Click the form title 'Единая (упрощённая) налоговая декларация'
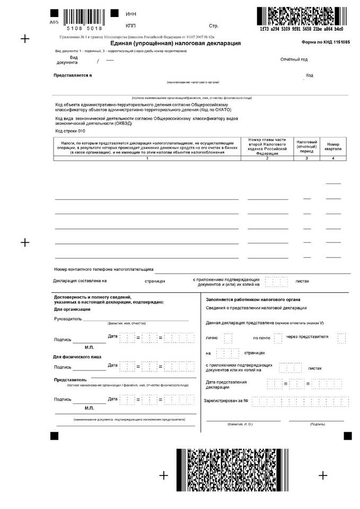[x=176, y=43]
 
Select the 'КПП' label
[x=131, y=25]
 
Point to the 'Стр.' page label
[x=214, y=25]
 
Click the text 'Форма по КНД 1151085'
[x=326, y=42]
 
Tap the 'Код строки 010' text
[x=70, y=130]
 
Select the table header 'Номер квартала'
[x=332, y=146]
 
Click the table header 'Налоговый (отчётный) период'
[x=307, y=146]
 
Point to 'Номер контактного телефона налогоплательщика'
[x=103, y=269]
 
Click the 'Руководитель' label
[x=68, y=319]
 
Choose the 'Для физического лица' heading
[x=77, y=357]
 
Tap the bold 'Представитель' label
[x=70, y=380]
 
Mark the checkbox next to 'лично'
[x=227, y=338]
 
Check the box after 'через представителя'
[x=341, y=338]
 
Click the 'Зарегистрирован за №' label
[x=226, y=400]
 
